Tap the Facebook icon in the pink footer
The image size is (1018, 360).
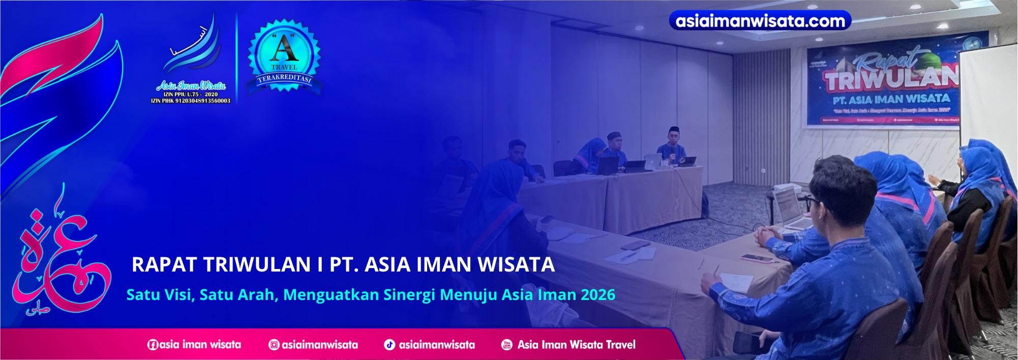[153, 345]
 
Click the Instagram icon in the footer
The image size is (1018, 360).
[274, 345]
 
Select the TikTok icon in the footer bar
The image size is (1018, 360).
[389, 345]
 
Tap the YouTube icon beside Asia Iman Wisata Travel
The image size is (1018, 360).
[506, 345]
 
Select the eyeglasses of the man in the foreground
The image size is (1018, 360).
[815, 200]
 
